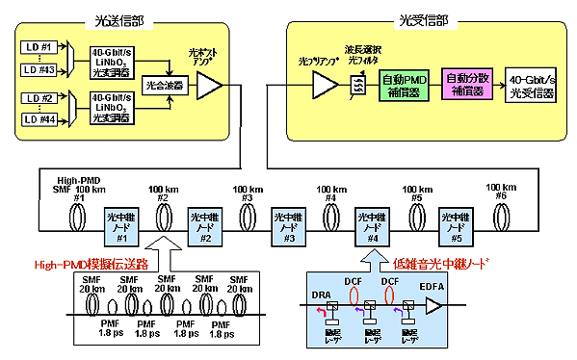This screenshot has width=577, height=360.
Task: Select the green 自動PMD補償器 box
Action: pos(405,84)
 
